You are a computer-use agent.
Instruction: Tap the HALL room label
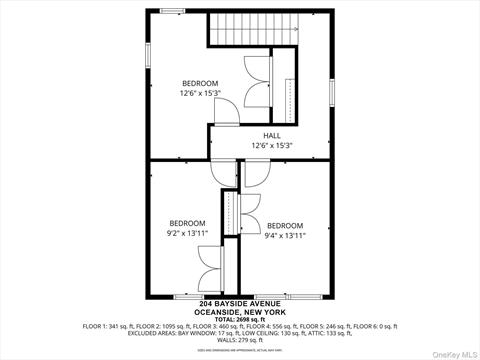pyautogui.click(x=272, y=135)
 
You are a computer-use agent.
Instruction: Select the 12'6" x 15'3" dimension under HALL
pyautogui.click(x=272, y=146)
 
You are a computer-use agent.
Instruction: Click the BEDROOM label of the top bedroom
pyautogui.click(x=199, y=83)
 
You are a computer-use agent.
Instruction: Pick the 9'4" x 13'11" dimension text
pyautogui.click(x=285, y=236)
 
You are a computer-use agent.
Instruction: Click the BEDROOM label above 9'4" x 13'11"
pyautogui.click(x=285, y=225)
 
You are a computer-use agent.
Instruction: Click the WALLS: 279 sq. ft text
pyautogui.click(x=240, y=341)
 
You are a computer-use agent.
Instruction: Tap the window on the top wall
pyautogui.click(x=172, y=11)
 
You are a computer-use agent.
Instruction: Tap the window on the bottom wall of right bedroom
pyautogui.click(x=288, y=297)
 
